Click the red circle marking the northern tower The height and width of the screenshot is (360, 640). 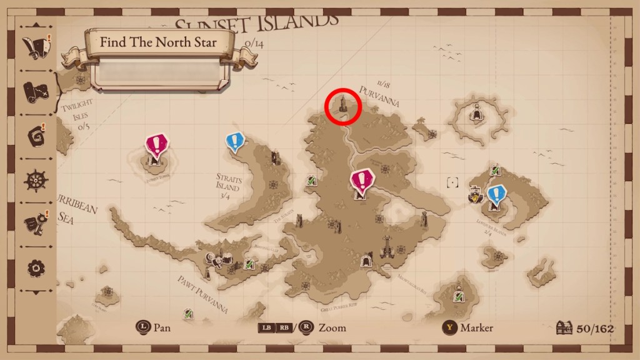(x=343, y=106)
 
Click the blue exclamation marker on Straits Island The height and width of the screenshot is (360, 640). (x=234, y=143)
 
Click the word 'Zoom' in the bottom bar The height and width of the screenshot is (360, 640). (x=332, y=327)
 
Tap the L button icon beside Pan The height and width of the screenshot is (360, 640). (x=144, y=327)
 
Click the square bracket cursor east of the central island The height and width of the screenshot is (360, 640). (x=452, y=182)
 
